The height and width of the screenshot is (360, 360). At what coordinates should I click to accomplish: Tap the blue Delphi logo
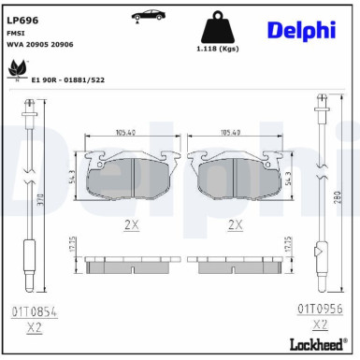pyautogui.click(x=301, y=30)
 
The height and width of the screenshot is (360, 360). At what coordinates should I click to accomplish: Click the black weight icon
pyautogui.click(x=218, y=25)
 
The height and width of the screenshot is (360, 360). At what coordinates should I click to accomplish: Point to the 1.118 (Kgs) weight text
pyautogui.click(x=218, y=49)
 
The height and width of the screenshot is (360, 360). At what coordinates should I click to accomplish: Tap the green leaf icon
pyautogui.click(x=17, y=67)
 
